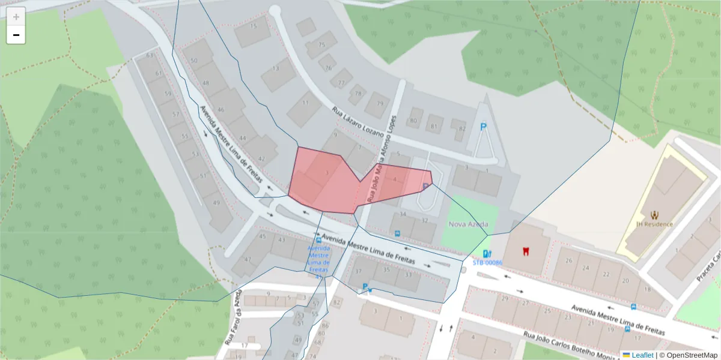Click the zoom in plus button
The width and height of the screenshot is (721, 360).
click(x=16, y=17)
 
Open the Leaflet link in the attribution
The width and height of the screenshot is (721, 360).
click(x=642, y=355)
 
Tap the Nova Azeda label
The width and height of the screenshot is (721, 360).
click(x=469, y=224)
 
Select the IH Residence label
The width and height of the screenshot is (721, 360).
click(x=654, y=224)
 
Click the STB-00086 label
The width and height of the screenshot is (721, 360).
click(x=487, y=262)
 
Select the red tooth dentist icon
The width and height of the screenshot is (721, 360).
click(x=526, y=250)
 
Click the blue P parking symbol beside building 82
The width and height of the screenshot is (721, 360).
click(x=483, y=127)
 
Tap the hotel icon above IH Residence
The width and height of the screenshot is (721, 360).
click(x=654, y=214)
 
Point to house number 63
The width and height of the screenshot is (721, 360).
click(x=150, y=55)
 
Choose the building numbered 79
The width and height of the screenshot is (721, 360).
click(x=380, y=103)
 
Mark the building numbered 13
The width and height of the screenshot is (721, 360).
click(x=276, y=68)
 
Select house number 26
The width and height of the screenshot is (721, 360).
click(x=569, y=260)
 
